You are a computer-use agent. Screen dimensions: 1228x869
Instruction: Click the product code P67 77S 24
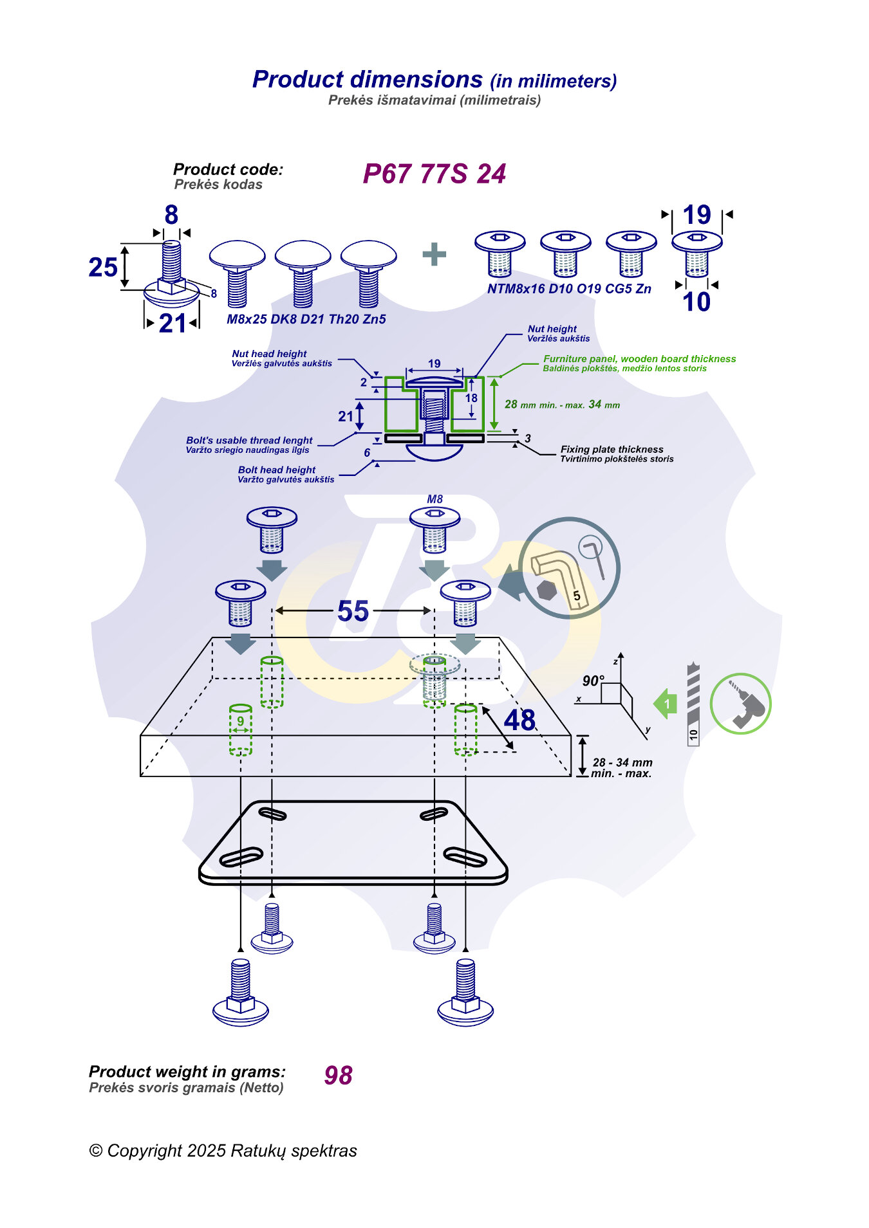pos(434,174)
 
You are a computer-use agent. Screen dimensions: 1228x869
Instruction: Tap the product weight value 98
pos(339,1076)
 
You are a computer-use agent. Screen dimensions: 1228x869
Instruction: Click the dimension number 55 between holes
pos(353,611)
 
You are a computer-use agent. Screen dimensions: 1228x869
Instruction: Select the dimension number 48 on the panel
pos(519,720)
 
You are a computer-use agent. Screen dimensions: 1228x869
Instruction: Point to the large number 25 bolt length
pos(103,268)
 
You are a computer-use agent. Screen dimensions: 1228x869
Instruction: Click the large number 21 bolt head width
pos(172,323)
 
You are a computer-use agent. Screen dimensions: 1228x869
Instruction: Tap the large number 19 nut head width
pos(696,215)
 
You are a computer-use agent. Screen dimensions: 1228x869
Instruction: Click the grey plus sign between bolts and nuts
pos(434,254)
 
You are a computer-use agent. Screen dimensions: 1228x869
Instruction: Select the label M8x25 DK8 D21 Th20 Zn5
pos(306,319)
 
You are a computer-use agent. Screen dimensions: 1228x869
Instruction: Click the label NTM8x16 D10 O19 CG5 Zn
pos(569,289)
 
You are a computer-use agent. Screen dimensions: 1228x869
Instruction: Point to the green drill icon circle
pos(740,704)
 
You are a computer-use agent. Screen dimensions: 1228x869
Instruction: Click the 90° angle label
pos(593,681)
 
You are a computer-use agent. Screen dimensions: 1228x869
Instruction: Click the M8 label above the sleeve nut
pos(435,499)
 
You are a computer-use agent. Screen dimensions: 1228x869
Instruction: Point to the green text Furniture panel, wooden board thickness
pos(639,359)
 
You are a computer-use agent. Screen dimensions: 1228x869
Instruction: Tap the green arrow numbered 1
pos(666,704)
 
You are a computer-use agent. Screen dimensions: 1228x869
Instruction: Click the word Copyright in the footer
pos(144,1151)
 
